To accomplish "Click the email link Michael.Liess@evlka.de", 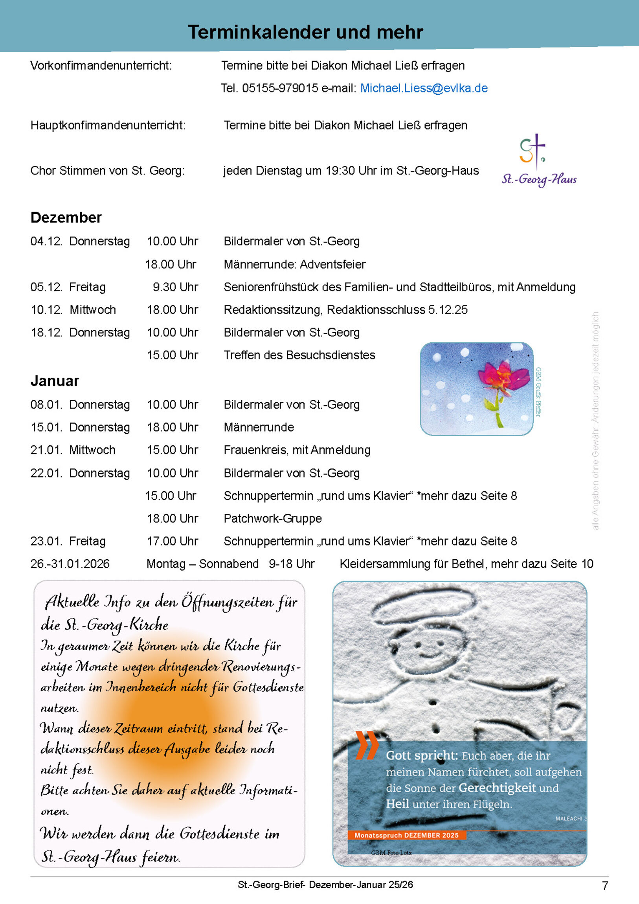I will (x=424, y=88).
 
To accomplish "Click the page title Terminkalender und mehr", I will (x=305, y=32).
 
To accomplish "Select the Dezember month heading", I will (x=66, y=218).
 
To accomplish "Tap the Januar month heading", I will (x=55, y=381).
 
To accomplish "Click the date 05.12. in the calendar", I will (x=46, y=287).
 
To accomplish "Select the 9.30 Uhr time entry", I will (x=175, y=287).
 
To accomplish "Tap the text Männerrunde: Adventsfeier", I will (x=294, y=265).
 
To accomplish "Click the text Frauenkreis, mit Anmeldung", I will (x=297, y=450).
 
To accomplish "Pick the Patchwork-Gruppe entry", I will (x=272, y=518).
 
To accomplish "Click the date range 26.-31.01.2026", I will (x=70, y=564).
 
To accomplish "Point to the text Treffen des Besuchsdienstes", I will (x=299, y=355).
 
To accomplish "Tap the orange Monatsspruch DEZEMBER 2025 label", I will (x=406, y=835).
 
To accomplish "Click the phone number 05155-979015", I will (x=280, y=88).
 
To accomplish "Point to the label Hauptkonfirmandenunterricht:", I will (x=108, y=126).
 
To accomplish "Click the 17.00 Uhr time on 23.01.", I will (x=173, y=541).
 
